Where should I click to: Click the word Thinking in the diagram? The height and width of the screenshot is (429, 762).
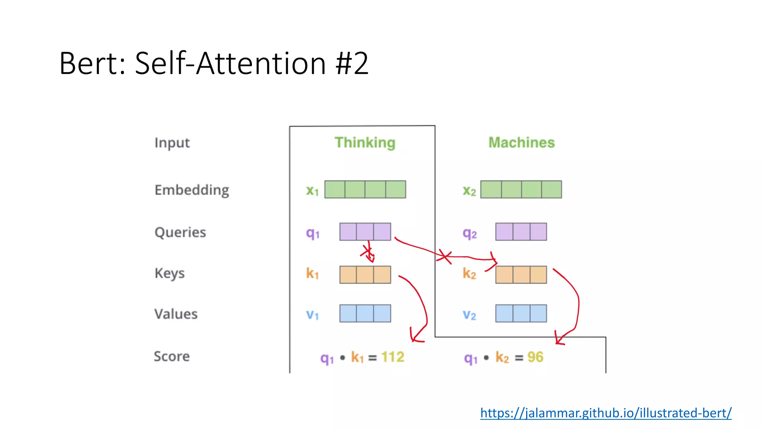[x=365, y=143]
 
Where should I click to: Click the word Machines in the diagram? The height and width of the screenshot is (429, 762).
[x=521, y=143]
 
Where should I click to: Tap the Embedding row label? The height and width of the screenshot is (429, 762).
[x=192, y=190]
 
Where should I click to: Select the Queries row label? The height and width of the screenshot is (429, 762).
[x=180, y=232]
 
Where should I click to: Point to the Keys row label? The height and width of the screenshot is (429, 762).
[x=169, y=273]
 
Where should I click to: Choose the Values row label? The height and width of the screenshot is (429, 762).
[x=176, y=314]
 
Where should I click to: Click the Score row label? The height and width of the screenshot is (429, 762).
[x=172, y=356]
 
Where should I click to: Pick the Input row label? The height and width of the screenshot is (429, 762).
[x=172, y=143]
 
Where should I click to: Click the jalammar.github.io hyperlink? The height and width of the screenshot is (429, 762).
[x=605, y=413]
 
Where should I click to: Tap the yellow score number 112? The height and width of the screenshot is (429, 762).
[x=393, y=357]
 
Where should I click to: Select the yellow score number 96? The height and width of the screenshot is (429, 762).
[x=535, y=357]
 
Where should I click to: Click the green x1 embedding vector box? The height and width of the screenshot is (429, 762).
[x=365, y=190]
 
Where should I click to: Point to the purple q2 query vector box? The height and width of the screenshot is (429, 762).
[x=521, y=232]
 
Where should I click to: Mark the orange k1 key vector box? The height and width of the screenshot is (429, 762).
[x=365, y=274]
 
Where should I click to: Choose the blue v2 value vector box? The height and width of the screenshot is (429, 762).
[x=521, y=313]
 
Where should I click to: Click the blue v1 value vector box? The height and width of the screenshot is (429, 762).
[x=365, y=313]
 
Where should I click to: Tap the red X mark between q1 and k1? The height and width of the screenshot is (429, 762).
[x=368, y=253]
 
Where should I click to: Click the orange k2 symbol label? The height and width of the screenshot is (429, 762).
[x=469, y=274]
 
